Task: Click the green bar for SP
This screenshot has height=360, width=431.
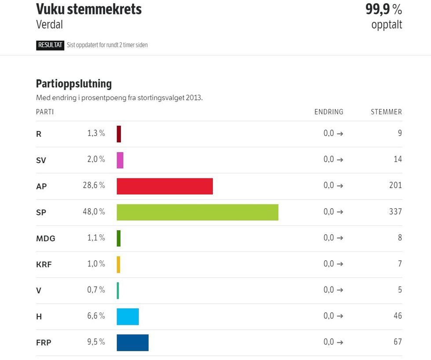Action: (197, 212)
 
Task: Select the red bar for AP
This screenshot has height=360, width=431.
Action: (164, 186)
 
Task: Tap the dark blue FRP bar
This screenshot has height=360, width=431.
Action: (132, 342)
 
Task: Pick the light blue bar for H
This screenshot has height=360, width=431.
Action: (128, 316)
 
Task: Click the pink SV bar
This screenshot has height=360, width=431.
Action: (120, 160)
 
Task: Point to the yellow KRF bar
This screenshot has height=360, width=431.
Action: (118, 265)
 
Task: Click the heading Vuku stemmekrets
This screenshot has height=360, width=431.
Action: (88, 9)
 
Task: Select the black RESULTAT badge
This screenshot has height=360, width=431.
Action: (50, 45)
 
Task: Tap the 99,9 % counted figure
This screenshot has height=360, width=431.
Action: (384, 9)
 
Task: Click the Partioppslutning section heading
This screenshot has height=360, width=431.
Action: (74, 84)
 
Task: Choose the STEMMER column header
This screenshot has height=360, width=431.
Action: (386, 112)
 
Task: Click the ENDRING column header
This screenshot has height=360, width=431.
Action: (329, 112)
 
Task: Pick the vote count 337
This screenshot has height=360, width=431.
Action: (395, 212)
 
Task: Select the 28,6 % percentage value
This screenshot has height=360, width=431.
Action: (94, 185)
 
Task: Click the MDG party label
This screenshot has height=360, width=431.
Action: (46, 239)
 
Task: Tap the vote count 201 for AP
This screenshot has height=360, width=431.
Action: (395, 185)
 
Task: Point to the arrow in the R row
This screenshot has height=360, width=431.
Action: (340, 134)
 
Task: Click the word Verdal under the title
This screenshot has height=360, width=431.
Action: (49, 25)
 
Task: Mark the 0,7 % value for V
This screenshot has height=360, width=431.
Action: (96, 290)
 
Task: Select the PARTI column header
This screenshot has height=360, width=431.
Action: (45, 112)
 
